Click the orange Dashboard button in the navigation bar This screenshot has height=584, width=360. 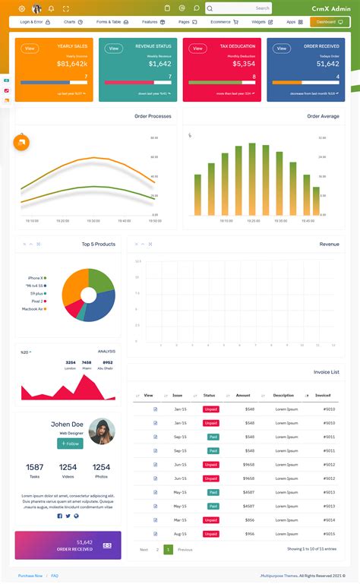[x=330, y=22]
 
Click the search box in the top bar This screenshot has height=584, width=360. [x=238, y=8]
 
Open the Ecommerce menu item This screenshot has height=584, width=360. [x=224, y=22]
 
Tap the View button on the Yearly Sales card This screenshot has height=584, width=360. [x=30, y=49]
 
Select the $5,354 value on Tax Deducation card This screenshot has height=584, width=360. [x=243, y=64]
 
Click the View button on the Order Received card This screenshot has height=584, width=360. [x=282, y=49]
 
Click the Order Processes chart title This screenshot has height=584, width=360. [x=153, y=116]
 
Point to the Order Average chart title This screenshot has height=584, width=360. [x=323, y=116]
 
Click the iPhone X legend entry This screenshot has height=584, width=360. [x=36, y=278]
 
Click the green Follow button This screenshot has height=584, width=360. [x=70, y=444]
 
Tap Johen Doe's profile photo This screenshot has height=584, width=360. [x=102, y=431]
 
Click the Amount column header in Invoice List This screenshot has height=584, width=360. [x=243, y=396]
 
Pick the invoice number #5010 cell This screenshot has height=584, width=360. [x=329, y=409]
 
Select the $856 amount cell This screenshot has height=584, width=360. [x=249, y=519]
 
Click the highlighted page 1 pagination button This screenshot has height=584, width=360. [x=168, y=549]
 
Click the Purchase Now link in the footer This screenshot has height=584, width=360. [x=30, y=576]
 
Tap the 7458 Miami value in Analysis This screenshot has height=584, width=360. [x=87, y=365]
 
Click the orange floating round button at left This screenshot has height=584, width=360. [x=21, y=142]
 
